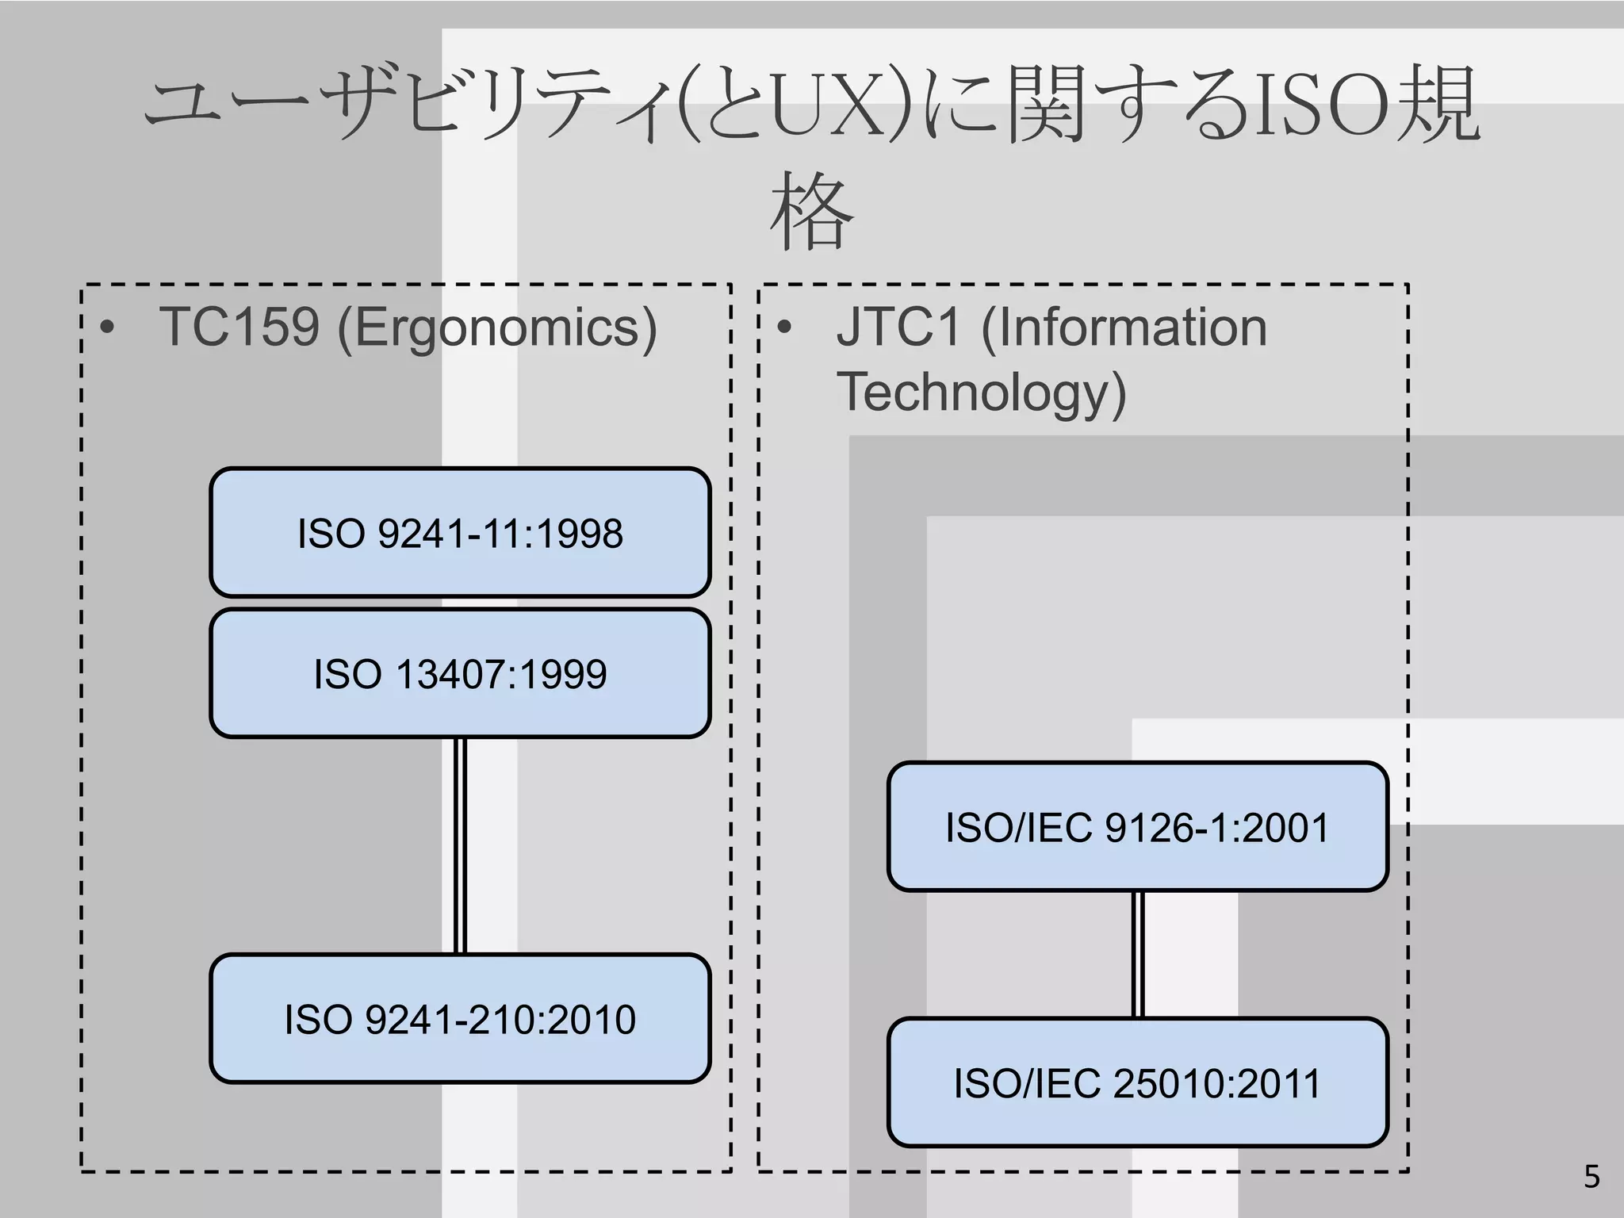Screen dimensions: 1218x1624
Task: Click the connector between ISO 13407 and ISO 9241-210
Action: click(460, 845)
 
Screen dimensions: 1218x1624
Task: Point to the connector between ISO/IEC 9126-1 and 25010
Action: click(1137, 954)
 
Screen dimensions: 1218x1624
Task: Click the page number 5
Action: click(1591, 1177)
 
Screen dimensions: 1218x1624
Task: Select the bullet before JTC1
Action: click(784, 328)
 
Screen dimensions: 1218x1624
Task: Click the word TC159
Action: click(239, 327)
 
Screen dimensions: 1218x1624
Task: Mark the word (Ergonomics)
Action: click(497, 328)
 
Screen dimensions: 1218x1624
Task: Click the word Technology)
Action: click(981, 393)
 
